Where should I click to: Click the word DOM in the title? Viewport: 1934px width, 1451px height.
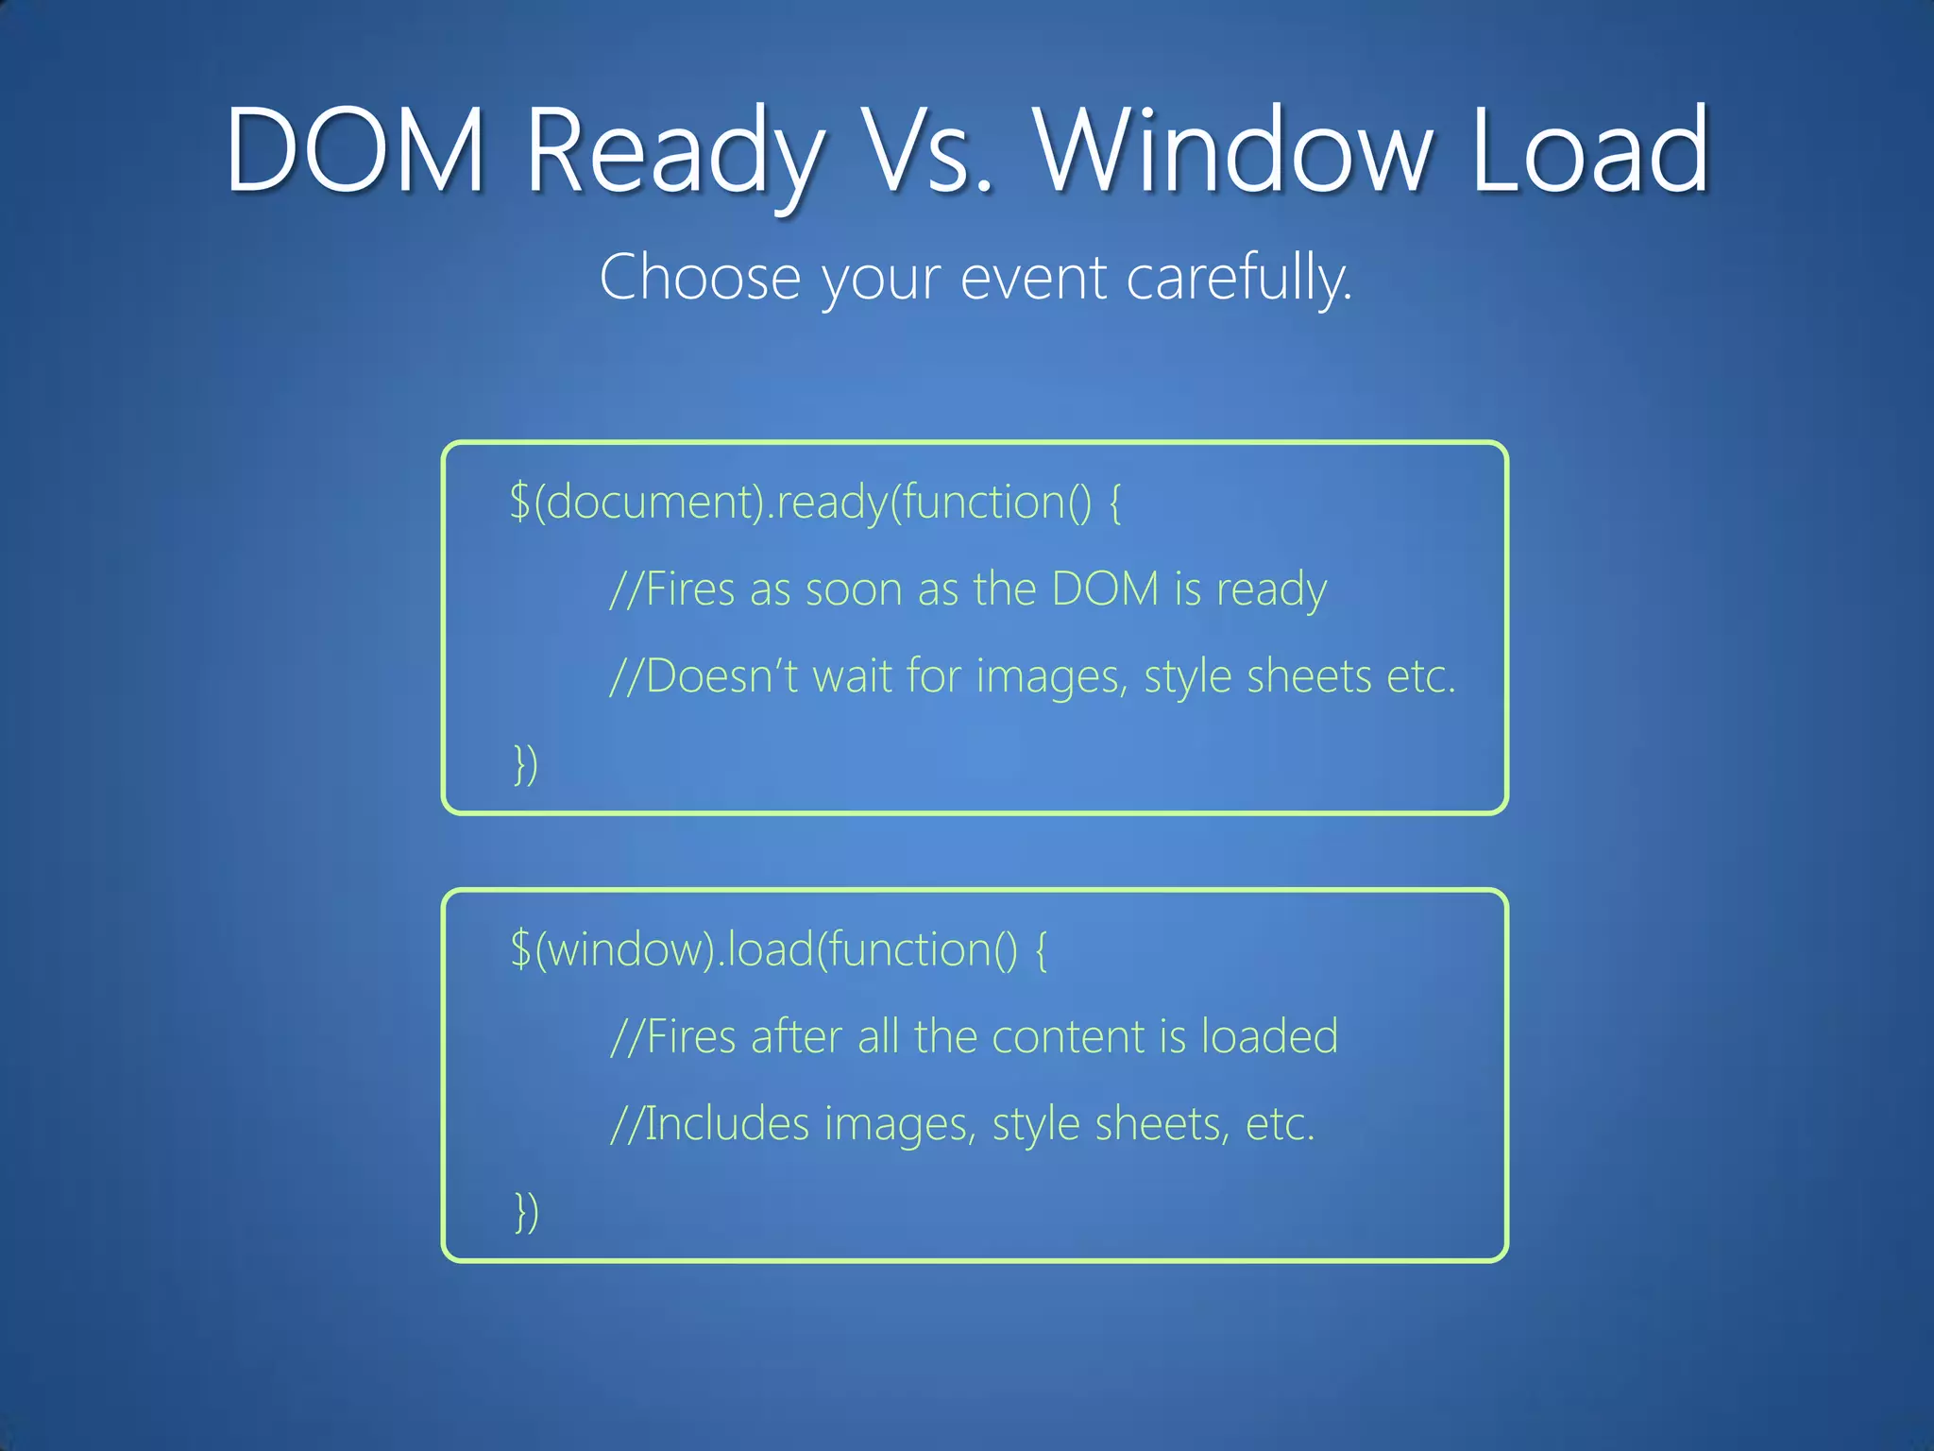[355, 149]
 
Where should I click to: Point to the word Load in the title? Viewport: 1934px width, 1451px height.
[1590, 149]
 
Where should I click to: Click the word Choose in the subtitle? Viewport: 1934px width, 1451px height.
[700, 278]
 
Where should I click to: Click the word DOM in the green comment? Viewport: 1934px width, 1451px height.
[1105, 589]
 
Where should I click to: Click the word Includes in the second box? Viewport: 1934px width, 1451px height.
[727, 1124]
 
